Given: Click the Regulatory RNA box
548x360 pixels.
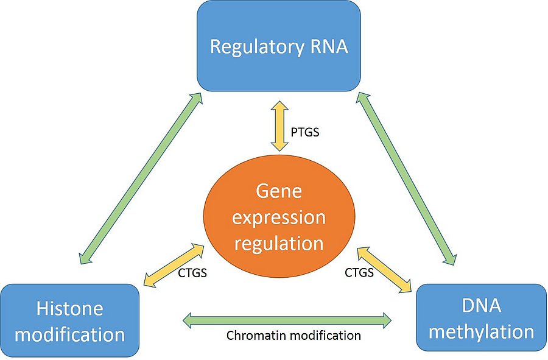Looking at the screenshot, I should (x=278, y=46).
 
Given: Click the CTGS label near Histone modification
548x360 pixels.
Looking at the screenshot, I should (x=192, y=272).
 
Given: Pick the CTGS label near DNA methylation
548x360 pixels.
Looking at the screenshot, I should (x=359, y=272).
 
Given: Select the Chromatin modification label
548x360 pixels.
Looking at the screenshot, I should (x=293, y=336).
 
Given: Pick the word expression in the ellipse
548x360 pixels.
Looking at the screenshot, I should (x=279, y=217).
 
